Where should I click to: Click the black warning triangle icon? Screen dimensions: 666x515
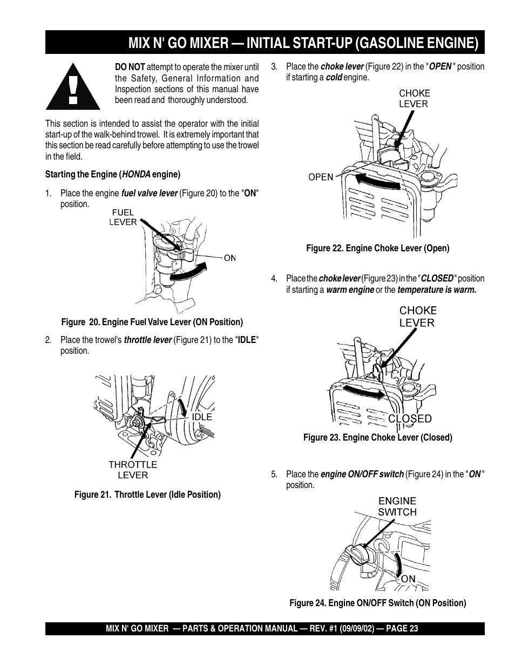73,87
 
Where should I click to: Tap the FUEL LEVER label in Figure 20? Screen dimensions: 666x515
123,217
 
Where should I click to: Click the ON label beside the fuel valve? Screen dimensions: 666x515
230,258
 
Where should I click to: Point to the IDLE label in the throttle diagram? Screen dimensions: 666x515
202,417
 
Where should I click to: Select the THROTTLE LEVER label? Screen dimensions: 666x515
133,470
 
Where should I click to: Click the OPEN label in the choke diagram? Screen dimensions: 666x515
321,176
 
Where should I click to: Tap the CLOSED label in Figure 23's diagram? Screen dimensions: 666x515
410,418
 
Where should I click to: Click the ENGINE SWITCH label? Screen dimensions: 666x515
397,506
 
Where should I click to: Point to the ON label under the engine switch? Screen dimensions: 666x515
408,579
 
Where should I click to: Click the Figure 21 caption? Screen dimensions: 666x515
147,495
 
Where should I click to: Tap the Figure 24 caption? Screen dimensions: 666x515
377,603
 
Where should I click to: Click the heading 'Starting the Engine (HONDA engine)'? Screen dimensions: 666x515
113,174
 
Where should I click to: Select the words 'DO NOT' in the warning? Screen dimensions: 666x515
130,67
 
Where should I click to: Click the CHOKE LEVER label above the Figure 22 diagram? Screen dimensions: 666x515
414,98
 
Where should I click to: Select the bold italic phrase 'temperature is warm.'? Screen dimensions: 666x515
437,290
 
